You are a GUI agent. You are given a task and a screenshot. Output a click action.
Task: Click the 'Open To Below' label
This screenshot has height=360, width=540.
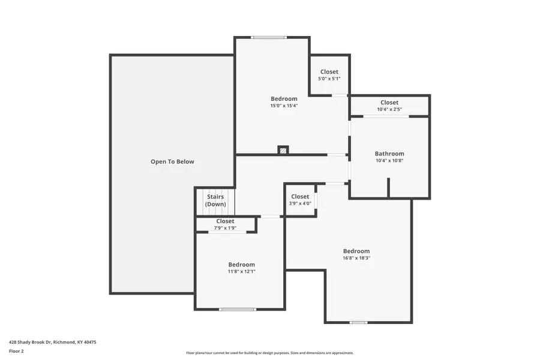[x=172, y=161]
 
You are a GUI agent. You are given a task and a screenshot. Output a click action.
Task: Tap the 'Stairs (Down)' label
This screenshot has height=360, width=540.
[x=215, y=200]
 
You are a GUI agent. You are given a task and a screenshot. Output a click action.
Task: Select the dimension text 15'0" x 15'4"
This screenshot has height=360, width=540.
[x=284, y=106]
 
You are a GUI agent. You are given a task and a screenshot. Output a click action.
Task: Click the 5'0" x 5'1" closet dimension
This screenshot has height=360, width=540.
[x=329, y=79]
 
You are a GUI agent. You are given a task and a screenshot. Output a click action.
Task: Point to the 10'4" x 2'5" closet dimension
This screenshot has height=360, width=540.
[x=389, y=109]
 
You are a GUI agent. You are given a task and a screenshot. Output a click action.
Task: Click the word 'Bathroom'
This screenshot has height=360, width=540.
[x=389, y=154]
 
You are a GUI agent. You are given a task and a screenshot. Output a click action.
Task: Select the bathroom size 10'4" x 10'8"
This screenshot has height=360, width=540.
[x=389, y=160]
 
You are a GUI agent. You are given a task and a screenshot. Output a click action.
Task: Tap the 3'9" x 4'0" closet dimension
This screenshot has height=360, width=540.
[x=300, y=203]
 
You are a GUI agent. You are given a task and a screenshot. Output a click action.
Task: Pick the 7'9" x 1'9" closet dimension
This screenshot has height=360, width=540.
[x=225, y=228]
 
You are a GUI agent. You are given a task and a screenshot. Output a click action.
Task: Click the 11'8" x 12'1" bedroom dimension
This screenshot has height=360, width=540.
[x=241, y=271]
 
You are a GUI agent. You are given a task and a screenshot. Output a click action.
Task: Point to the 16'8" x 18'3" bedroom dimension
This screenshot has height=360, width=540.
[x=356, y=258]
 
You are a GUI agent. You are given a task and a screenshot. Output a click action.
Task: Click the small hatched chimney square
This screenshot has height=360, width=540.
[x=283, y=150]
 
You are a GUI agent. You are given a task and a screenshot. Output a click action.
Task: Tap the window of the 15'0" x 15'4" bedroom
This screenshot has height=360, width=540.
[x=269, y=38]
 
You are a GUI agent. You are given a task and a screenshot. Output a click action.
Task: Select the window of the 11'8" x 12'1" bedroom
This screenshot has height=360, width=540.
[x=238, y=309]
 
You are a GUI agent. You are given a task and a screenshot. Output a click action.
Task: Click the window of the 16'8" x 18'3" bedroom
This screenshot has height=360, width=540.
[x=358, y=322]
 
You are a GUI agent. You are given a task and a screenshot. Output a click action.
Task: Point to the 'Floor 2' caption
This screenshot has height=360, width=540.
[x=16, y=351]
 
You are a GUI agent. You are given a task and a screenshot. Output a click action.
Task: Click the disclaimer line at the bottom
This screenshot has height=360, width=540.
[x=269, y=353]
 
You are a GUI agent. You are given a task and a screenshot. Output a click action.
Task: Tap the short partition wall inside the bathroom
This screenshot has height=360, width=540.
[x=388, y=187]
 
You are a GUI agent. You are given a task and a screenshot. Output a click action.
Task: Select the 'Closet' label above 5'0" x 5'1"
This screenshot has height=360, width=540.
[x=329, y=72]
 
